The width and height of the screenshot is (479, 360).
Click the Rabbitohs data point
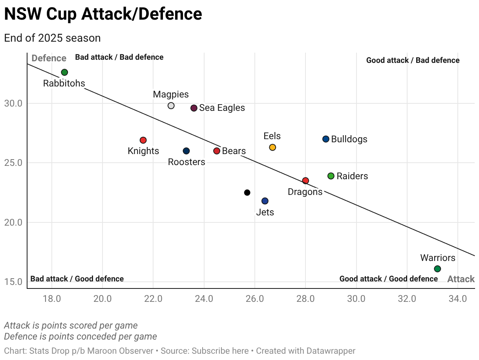[x=64, y=72]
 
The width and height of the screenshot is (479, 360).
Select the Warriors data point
[x=437, y=269]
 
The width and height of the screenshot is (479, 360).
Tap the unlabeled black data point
[x=247, y=193]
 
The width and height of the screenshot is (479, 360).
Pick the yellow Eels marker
[x=272, y=147]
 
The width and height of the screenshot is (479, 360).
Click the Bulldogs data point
[x=326, y=139]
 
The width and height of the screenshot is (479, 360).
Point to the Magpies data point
[x=171, y=106]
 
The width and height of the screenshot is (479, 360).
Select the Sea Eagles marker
[x=194, y=108]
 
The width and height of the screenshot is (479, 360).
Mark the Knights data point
[x=143, y=140]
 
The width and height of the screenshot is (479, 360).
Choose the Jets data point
[x=265, y=201]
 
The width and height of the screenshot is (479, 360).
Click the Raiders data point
[x=331, y=176]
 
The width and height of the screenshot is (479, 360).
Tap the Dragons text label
[x=305, y=192]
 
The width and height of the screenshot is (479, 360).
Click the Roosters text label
[x=186, y=162]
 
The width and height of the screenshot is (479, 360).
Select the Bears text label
[x=234, y=151]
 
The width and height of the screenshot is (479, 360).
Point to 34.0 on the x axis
[x=458, y=298]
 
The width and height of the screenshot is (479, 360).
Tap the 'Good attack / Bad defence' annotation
[x=413, y=61]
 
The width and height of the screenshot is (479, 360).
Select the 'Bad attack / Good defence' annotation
[x=77, y=279]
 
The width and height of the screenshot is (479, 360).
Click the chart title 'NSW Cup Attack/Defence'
[x=103, y=15]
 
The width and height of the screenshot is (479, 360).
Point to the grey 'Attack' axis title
[x=461, y=279]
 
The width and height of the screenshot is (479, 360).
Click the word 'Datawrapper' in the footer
[x=332, y=351]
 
